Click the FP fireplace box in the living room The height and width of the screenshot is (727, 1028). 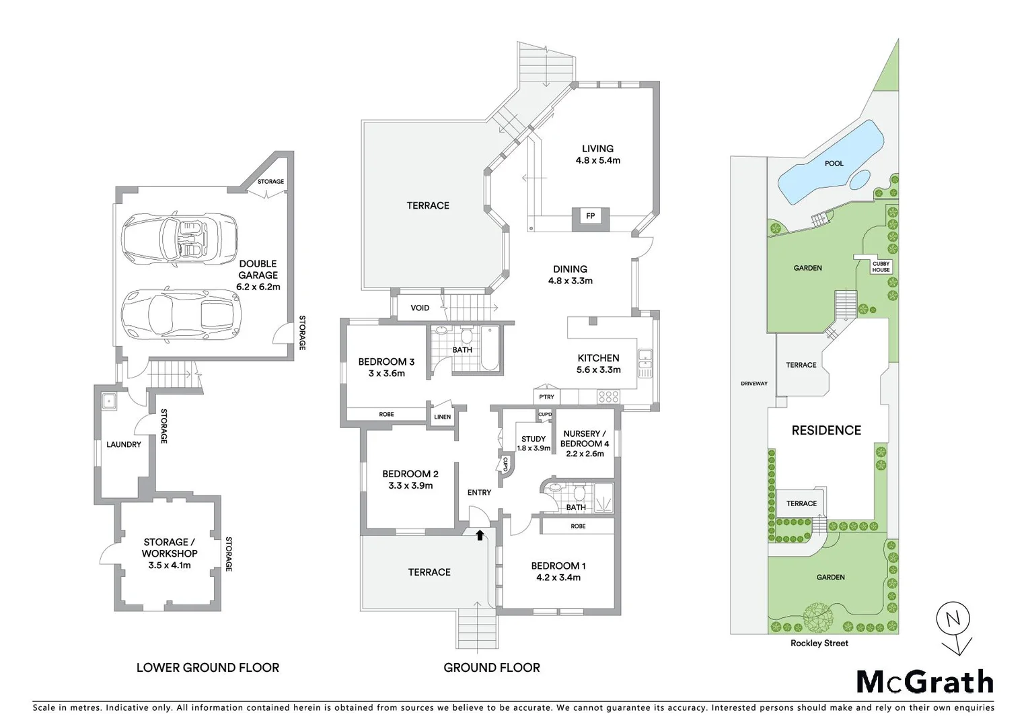(590, 216)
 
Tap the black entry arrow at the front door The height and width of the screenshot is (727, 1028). (479, 535)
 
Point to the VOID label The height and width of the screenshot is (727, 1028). (420, 308)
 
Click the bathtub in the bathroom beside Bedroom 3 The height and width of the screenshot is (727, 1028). (490, 347)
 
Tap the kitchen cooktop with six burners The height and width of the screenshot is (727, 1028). (608, 396)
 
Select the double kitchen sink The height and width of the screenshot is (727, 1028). (645, 363)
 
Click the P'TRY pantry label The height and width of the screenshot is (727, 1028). (546, 396)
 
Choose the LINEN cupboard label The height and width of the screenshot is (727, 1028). (442, 417)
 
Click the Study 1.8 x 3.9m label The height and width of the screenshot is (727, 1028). (534, 443)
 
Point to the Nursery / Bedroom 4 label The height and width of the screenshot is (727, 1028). (584, 444)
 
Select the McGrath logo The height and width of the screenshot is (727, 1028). (924, 682)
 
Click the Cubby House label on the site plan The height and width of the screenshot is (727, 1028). (881, 267)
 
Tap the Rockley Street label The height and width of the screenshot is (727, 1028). (819, 643)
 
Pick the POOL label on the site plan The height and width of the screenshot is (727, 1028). (834, 163)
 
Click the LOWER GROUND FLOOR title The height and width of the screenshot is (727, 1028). (207, 668)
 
